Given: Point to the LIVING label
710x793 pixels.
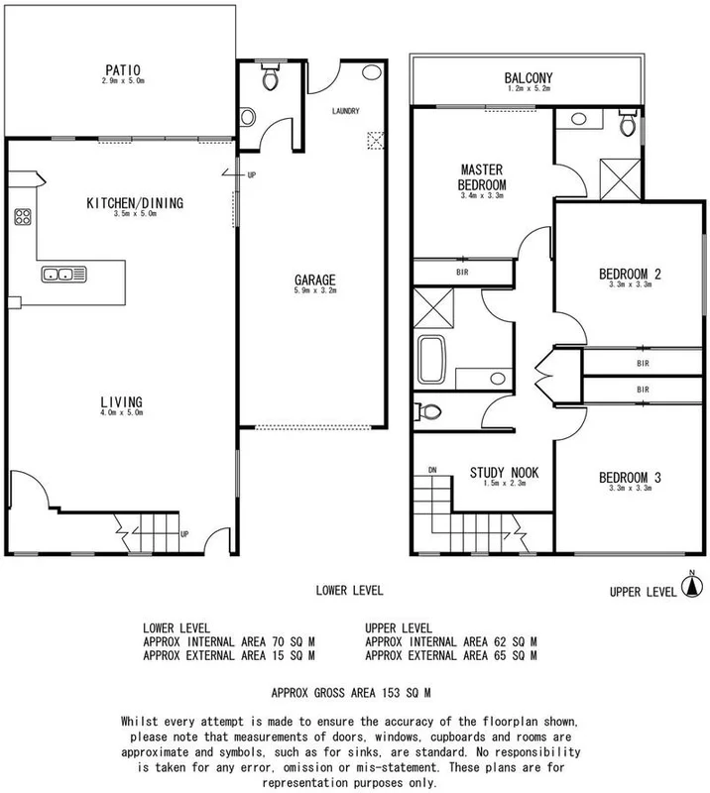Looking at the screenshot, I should (x=122, y=400).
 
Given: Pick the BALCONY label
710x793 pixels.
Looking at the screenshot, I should (x=527, y=78).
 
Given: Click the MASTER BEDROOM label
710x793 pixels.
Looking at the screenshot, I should (x=483, y=176).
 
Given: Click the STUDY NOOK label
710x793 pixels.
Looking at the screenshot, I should (x=504, y=473).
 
